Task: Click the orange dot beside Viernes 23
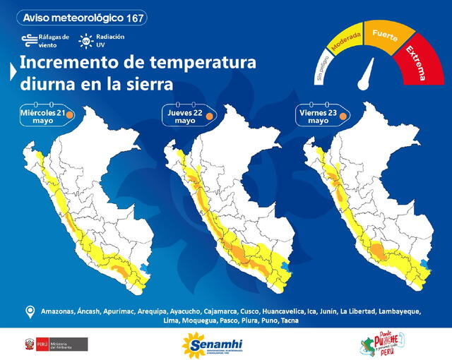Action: [x=343, y=115]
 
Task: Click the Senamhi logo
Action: [x=211, y=344]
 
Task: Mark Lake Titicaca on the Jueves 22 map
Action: [x=286, y=267]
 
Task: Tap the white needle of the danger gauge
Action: [x=367, y=73]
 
